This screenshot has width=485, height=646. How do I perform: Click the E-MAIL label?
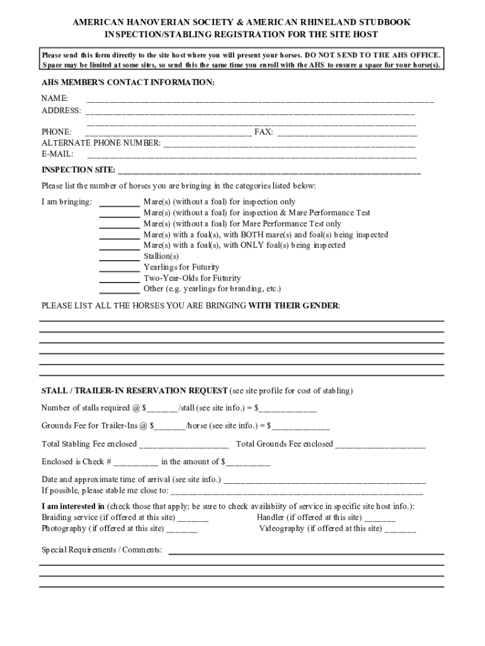(x=57, y=153)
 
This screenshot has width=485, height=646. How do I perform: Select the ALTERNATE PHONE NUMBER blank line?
(x=290, y=145)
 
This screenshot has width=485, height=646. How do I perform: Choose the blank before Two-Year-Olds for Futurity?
(x=120, y=280)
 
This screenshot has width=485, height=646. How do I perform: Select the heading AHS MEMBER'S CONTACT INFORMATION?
(x=128, y=83)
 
